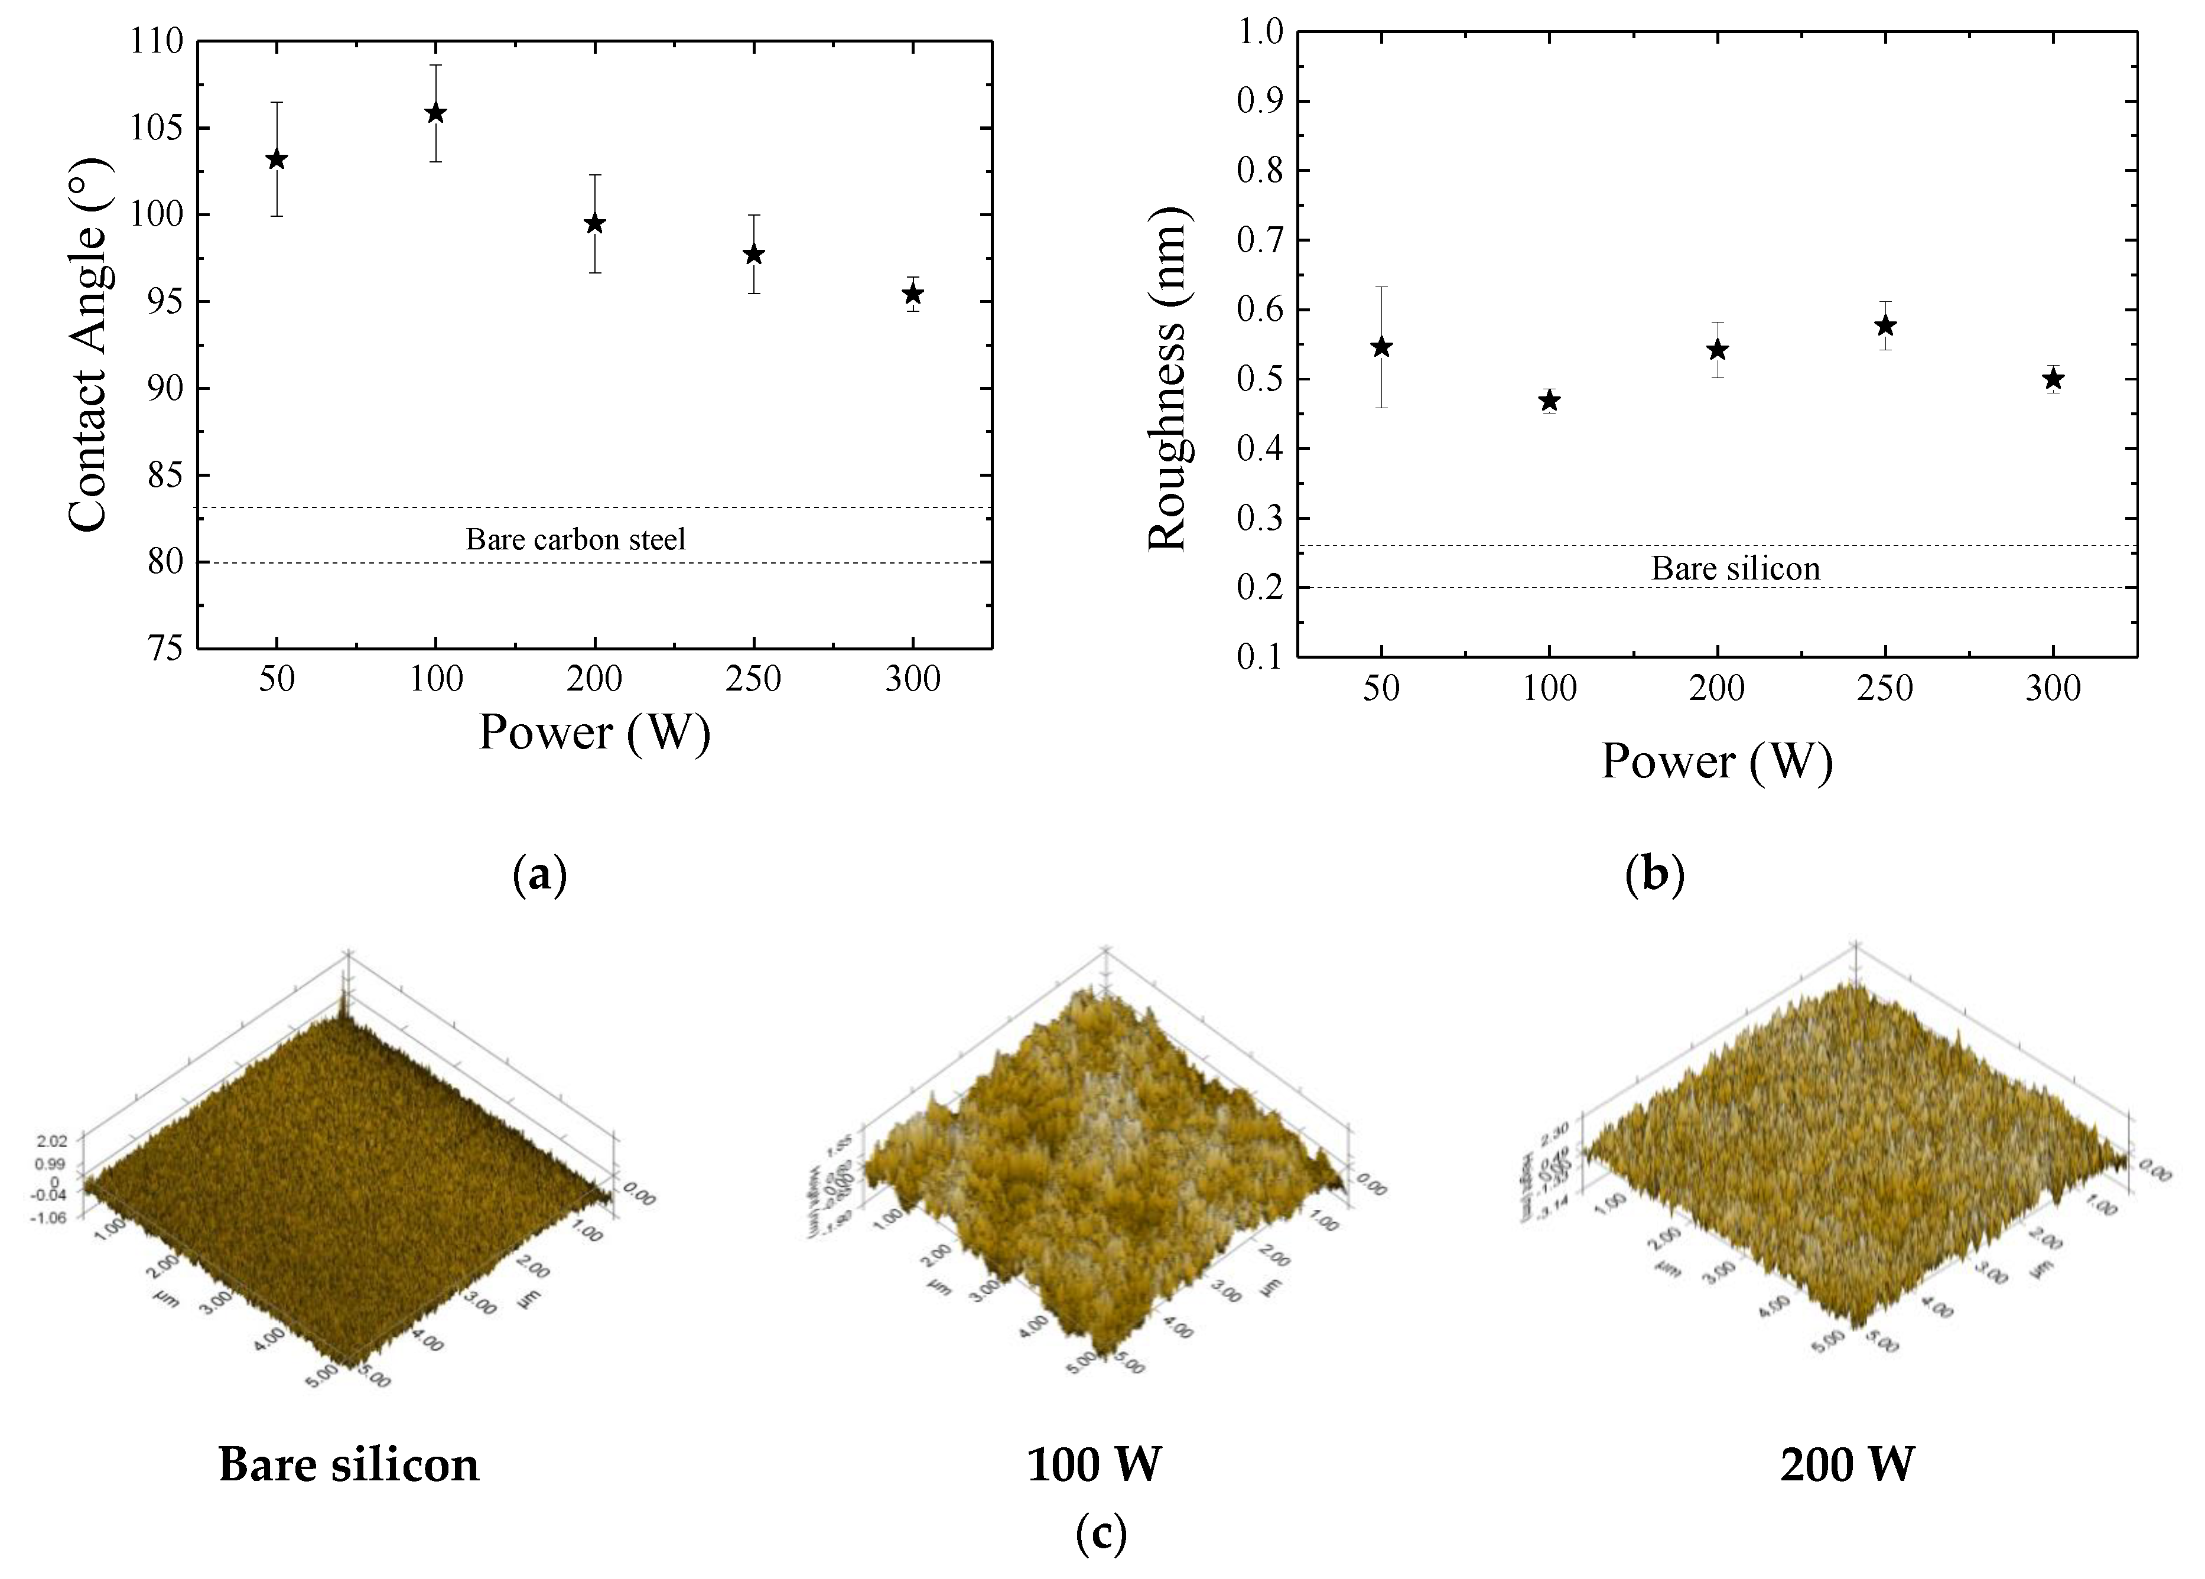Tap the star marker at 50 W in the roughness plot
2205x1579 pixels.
(1381, 347)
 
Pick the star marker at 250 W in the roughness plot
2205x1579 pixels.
(1885, 325)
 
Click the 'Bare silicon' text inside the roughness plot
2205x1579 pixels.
(1735, 569)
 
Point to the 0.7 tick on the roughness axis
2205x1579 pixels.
(1260, 240)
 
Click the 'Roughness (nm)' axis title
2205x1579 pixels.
(1167, 379)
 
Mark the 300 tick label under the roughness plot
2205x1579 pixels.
(2053, 688)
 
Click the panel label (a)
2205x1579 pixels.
(539, 875)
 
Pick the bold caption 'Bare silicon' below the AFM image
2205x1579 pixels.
(349, 1464)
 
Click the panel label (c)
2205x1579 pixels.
(1101, 1534)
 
